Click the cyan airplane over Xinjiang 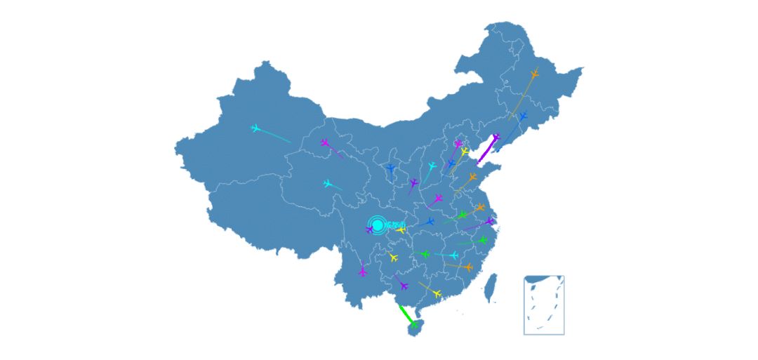tap(255, 128)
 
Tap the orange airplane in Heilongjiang tap(534, 74)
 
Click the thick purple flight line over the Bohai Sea tap(486, 152)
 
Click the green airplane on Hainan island tap(414, 324)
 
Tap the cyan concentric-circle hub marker tap(377, 225)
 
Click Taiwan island tap(492, 287)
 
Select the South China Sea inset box tap(544, 305)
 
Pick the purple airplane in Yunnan tap(362, 271)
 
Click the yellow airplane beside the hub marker tap(401, 229)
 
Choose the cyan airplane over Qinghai tap(328, 184)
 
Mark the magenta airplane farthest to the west tap(325, 143)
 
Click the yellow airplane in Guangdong tap(437, 293)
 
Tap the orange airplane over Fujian tap(468, 267)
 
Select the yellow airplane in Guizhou tap(393, 258)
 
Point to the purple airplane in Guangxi tap(403, 285)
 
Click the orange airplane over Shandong tap(472, 178)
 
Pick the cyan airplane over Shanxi tap(432, 166)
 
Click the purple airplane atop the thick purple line tap(496, 138)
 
